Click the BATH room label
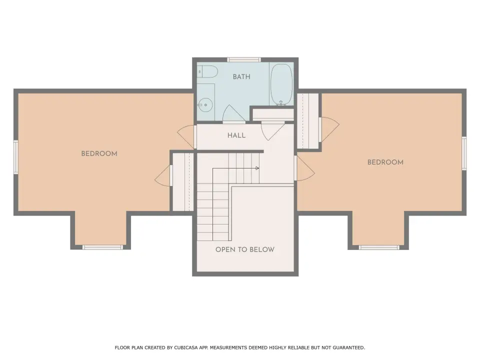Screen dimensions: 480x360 241,76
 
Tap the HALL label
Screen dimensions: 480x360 236,135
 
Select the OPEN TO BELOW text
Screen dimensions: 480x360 245,249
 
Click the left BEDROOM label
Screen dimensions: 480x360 99,153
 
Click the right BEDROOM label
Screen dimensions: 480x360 385,162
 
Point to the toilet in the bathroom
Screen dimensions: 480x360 207,72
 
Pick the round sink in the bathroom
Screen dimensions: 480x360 205,104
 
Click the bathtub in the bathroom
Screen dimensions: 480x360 281,84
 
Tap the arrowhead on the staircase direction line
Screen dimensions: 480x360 257,168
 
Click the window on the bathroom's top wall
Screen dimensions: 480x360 244,59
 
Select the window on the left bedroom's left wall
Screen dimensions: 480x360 16,157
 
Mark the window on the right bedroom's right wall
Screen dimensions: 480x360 464,153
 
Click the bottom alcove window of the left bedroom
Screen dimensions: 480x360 102,247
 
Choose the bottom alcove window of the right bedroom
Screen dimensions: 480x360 379,247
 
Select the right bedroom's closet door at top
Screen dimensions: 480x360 329,129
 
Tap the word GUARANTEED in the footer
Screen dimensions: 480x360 348,347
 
